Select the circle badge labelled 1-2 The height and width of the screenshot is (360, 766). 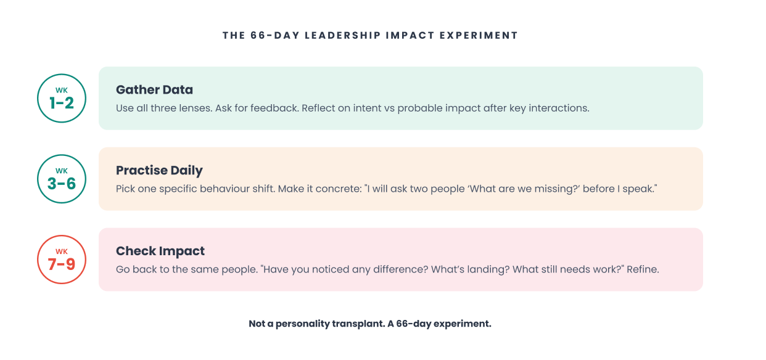point(62,99)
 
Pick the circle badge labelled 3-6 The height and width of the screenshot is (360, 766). point(62,179)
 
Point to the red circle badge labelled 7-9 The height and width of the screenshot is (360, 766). point(62,260)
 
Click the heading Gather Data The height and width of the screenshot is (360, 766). point(154,89)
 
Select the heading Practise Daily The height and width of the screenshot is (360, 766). point(159,170)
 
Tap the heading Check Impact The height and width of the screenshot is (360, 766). point(160,251)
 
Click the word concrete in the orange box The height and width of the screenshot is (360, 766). point(331,189)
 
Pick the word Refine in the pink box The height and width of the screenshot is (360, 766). point(643,269)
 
